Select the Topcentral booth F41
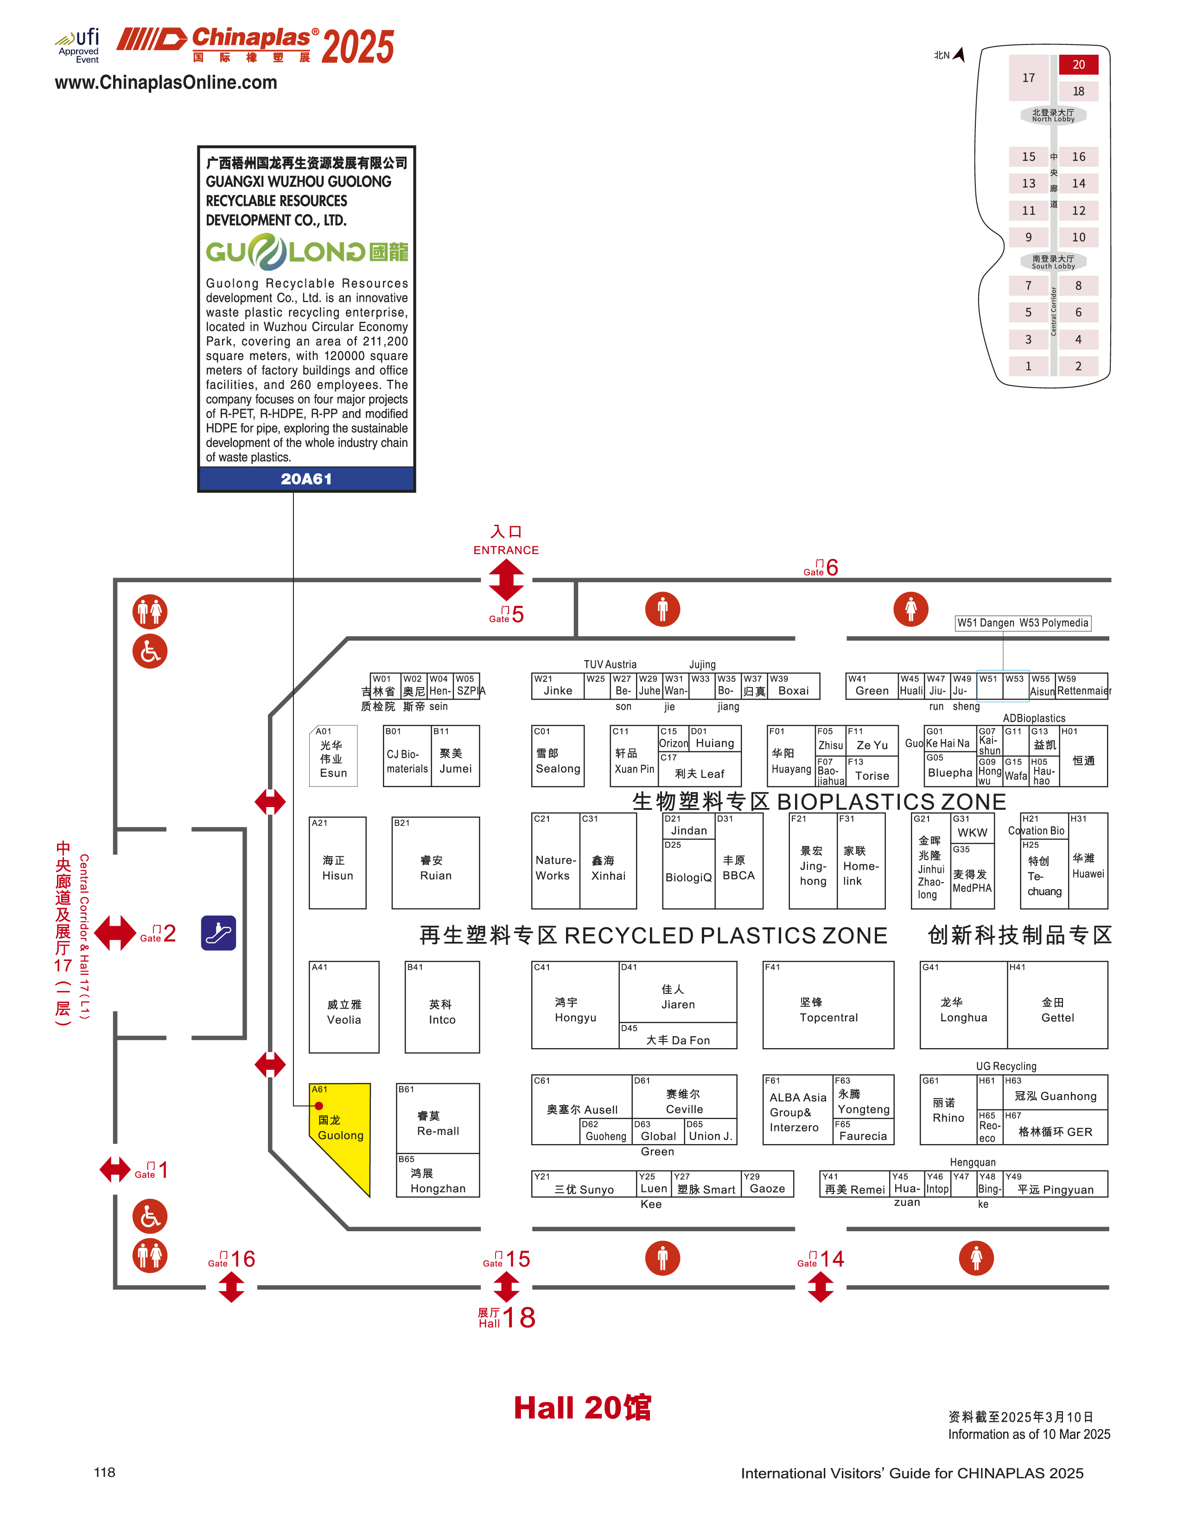828,1005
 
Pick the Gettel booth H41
1057,1005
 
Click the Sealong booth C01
558,756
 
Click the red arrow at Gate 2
115,933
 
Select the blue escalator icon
219,933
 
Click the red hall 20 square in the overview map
1078,64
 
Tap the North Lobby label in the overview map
1053,115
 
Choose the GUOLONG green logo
306,252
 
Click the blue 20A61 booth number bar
306,479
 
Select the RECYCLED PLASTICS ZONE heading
653,935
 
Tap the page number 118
104,1472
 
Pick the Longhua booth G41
963,1005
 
